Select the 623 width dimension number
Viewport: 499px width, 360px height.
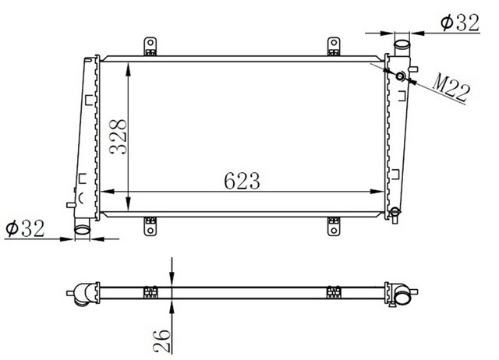241,180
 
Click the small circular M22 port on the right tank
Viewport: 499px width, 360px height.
402,76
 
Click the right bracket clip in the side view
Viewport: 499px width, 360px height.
334,293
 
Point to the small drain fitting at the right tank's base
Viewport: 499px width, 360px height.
395,210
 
